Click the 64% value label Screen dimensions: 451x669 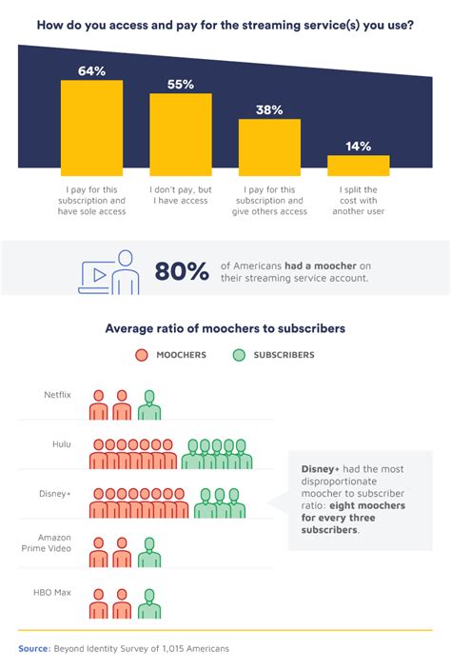click(91, 70)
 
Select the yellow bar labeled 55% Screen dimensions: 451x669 click(181, 134)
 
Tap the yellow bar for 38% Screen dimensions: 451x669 click(269, 148)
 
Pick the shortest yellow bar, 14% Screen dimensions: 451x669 click(359, 166)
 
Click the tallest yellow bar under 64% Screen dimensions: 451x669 click(91, 128)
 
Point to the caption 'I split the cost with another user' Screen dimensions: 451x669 click(359, 201)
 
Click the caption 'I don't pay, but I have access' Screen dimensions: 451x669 click(181, 195)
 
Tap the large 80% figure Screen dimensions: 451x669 click(182, 271)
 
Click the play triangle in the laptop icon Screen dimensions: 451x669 click(100, 275)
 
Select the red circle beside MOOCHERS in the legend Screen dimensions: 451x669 click(142, 355)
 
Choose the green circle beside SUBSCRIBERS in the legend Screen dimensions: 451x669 click(239, 355)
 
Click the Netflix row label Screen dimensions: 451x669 click(58, 395)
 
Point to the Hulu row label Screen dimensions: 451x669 click(62, 444)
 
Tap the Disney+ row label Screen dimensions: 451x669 click(55, 494)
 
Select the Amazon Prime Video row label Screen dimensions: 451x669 click(47, 542)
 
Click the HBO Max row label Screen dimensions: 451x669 click(52, 592)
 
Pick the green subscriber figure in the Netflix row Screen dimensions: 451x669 click(149, 404)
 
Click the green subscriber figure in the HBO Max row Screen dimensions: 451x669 click(149, 603)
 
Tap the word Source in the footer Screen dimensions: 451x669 click(34, 648)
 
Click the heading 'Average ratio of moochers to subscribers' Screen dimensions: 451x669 click(225, 328)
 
